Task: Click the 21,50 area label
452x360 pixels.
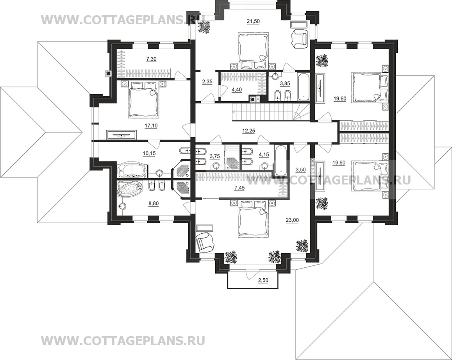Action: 253,21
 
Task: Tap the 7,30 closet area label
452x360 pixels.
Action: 151,59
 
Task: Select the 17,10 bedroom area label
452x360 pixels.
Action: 151,125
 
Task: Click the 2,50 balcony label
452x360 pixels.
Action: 263,281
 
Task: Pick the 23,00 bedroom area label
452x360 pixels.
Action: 292,220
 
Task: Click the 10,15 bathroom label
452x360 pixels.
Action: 149,154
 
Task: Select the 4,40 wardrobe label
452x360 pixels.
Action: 237,90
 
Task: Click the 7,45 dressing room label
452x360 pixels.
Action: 239,188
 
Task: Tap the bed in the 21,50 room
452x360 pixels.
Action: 253,51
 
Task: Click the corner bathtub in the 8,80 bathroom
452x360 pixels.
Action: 129,189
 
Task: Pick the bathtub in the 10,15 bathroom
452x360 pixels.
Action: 133,170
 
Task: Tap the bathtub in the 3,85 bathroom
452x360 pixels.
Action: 304,86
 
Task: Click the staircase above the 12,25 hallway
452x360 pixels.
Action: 271,113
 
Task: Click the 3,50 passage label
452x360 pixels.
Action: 300,169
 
